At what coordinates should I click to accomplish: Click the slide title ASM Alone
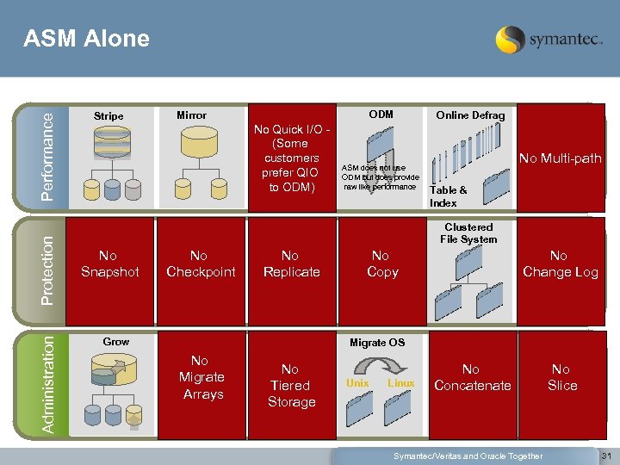(x=86, y=40)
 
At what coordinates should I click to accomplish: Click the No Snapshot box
(x=109, y=264)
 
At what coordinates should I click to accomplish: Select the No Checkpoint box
(x=201, y=264)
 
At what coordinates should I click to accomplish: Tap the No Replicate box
(x=291, y=264)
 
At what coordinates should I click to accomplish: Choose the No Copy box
(x=381, y=264)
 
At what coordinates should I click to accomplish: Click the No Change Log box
(x=560, y=264)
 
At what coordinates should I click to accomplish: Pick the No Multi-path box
(x=560, y=158)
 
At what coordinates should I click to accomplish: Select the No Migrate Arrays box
(x=202, y=377)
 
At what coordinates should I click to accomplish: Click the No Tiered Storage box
(x=291, y=385)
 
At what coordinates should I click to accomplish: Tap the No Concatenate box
(x=472, y=377)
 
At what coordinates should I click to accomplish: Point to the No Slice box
(x=562, y=377)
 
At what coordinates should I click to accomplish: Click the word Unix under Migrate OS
(x=357, y=383)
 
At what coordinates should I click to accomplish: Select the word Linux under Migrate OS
(x=400, y=383)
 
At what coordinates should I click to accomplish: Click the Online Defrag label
(x=470, y=115)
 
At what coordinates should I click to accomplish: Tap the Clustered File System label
(x=468, y=233)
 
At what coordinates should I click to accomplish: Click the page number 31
(x=605, y=456)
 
